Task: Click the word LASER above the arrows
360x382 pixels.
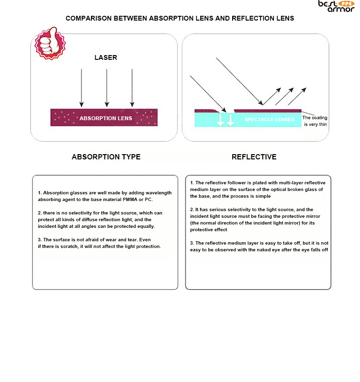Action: click(x=105, y=57)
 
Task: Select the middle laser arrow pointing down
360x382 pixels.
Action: click(x=107, y=88)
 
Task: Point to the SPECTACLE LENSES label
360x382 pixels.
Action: click(x=270, y=119)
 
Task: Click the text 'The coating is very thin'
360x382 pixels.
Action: click(x=315, y=121)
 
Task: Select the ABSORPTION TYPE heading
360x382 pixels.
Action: click(x=106, y=157)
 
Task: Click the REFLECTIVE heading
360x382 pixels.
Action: click(x=254, y=157)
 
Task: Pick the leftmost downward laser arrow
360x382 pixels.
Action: click(x=82, y=88)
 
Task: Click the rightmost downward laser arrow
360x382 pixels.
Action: click(x=132, y=88)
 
